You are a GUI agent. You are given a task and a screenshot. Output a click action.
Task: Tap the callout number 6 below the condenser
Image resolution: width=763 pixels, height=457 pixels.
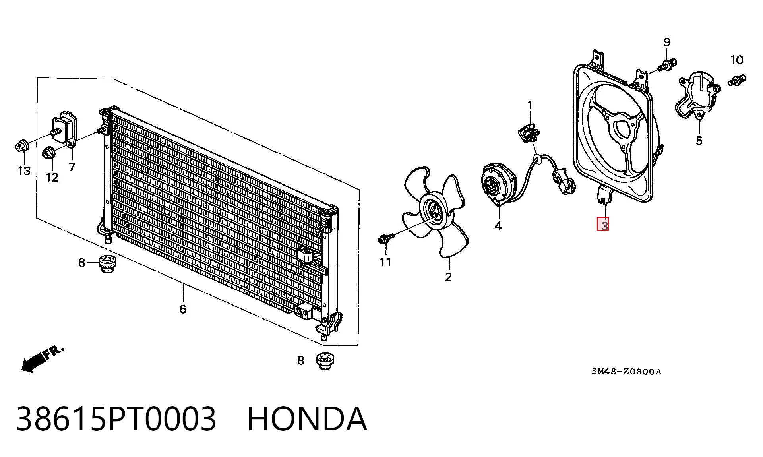click(183, 309)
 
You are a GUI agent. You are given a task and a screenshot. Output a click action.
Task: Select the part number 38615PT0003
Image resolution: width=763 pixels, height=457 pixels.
click(116, 418)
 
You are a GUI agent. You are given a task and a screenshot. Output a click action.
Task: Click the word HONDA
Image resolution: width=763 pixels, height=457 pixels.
click(307, 418)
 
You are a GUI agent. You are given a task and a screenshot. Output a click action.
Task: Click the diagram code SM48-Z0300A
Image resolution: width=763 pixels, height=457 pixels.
click(626, 372)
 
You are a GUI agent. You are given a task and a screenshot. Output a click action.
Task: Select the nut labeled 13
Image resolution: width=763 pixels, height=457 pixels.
click(21, 146)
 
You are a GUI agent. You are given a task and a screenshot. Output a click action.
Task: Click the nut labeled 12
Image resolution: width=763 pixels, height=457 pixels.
click(49, 152)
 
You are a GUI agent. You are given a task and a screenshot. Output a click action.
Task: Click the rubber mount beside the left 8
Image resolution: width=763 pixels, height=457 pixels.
click(106, 264)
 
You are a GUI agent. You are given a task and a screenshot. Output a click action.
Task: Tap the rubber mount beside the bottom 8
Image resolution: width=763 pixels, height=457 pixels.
click(325, 361)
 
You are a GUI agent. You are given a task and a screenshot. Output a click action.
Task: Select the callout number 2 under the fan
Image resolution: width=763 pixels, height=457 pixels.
click(448, 277)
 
